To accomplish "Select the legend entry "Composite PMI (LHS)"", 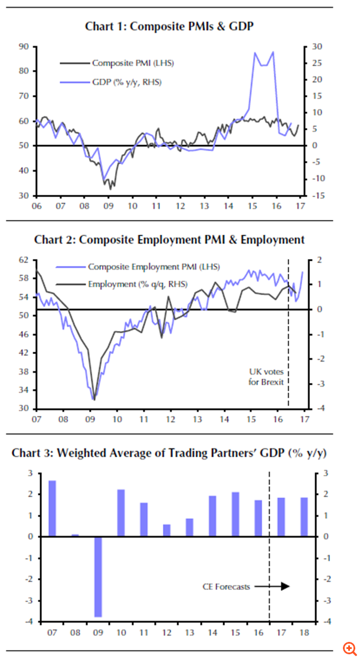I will coord(132,63).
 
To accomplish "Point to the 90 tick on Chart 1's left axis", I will coord(24,46).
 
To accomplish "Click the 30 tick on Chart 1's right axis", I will coord(316,46).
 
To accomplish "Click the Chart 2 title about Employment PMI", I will coord(169,240).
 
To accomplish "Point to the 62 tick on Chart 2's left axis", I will coord(24,260).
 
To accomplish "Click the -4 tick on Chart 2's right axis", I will coord(316,408).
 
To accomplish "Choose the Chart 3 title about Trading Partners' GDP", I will coord(169,453).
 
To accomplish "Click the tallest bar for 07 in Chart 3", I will coord(53,508).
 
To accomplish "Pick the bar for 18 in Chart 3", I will coord(303,517).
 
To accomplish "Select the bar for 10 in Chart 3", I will coord(120,513).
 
